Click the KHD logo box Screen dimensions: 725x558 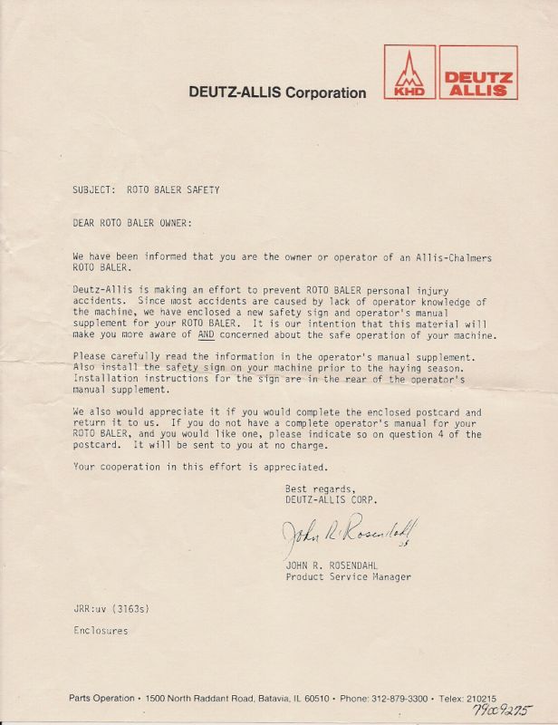click(x=409, y=72)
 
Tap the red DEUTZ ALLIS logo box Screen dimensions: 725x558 click(x=478, y=72)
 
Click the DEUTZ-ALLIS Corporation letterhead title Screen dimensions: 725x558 click(x=277, y=92)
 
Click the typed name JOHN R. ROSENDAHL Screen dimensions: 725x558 click(x=335, y=565)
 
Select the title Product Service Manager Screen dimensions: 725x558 click(x=348, y=577)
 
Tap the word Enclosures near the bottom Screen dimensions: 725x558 click(x=101, y=631)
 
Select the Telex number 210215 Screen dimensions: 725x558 click(x=478, y=698)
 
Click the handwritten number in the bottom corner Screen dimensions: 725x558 click(x=501, y=711)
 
